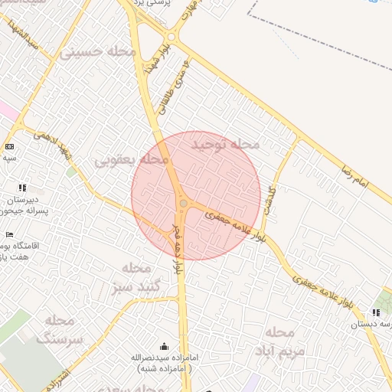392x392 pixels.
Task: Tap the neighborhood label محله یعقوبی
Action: (131, 160)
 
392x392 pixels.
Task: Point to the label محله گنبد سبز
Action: (139, 277)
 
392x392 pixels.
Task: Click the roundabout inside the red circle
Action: (184, 203)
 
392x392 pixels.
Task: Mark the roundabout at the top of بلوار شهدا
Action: (171, 36)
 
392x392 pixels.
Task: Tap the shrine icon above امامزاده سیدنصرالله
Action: (163, 346)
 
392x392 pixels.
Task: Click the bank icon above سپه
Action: (9, 146)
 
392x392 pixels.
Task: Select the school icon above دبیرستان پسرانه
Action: (22, 188)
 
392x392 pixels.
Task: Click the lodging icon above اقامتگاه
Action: (9, 234)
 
